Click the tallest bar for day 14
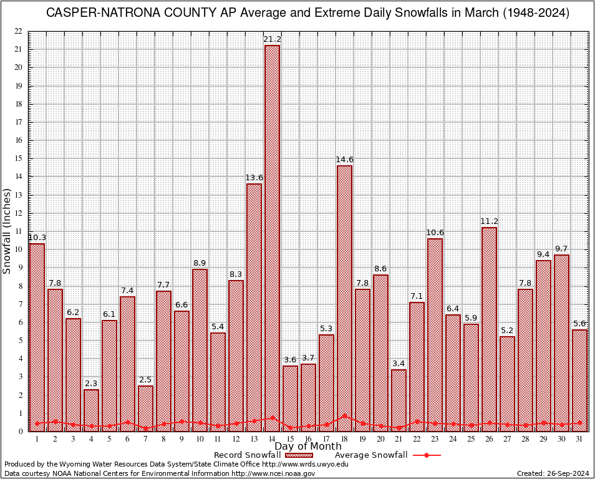[x=272, y=237]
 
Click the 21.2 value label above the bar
[x=272, y=39]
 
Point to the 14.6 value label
[x=344, y=160]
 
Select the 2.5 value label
[x=145, y=380]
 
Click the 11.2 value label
[x=490, y=221]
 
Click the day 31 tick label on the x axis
[x=580, y=439]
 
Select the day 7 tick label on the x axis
[x=145, y=439]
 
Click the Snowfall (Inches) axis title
[x=7, y=231]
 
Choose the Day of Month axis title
[x=308, y=447]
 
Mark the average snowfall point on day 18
[x=344, y=416]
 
